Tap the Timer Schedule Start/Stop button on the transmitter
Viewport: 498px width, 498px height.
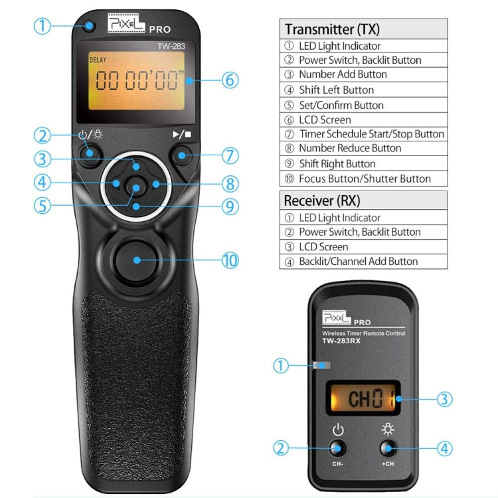[x=182, y=157]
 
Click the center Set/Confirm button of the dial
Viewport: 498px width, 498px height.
[x=135, y=188]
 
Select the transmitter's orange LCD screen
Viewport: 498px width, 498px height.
[x=136, y=81]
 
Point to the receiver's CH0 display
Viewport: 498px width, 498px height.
[x=361, y=399]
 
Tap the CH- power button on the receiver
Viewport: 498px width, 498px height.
[x=338, y=448]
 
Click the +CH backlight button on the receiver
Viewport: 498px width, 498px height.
[x=388, y=448]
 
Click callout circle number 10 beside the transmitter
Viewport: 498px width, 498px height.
[x=230, y=260]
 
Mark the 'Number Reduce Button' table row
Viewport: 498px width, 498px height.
[x=350, y=148]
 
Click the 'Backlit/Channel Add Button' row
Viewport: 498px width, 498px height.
[x=358, y=261]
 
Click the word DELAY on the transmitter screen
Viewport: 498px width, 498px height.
[x=98, y=60]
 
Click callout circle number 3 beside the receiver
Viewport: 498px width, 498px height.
[x=446, y=399]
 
